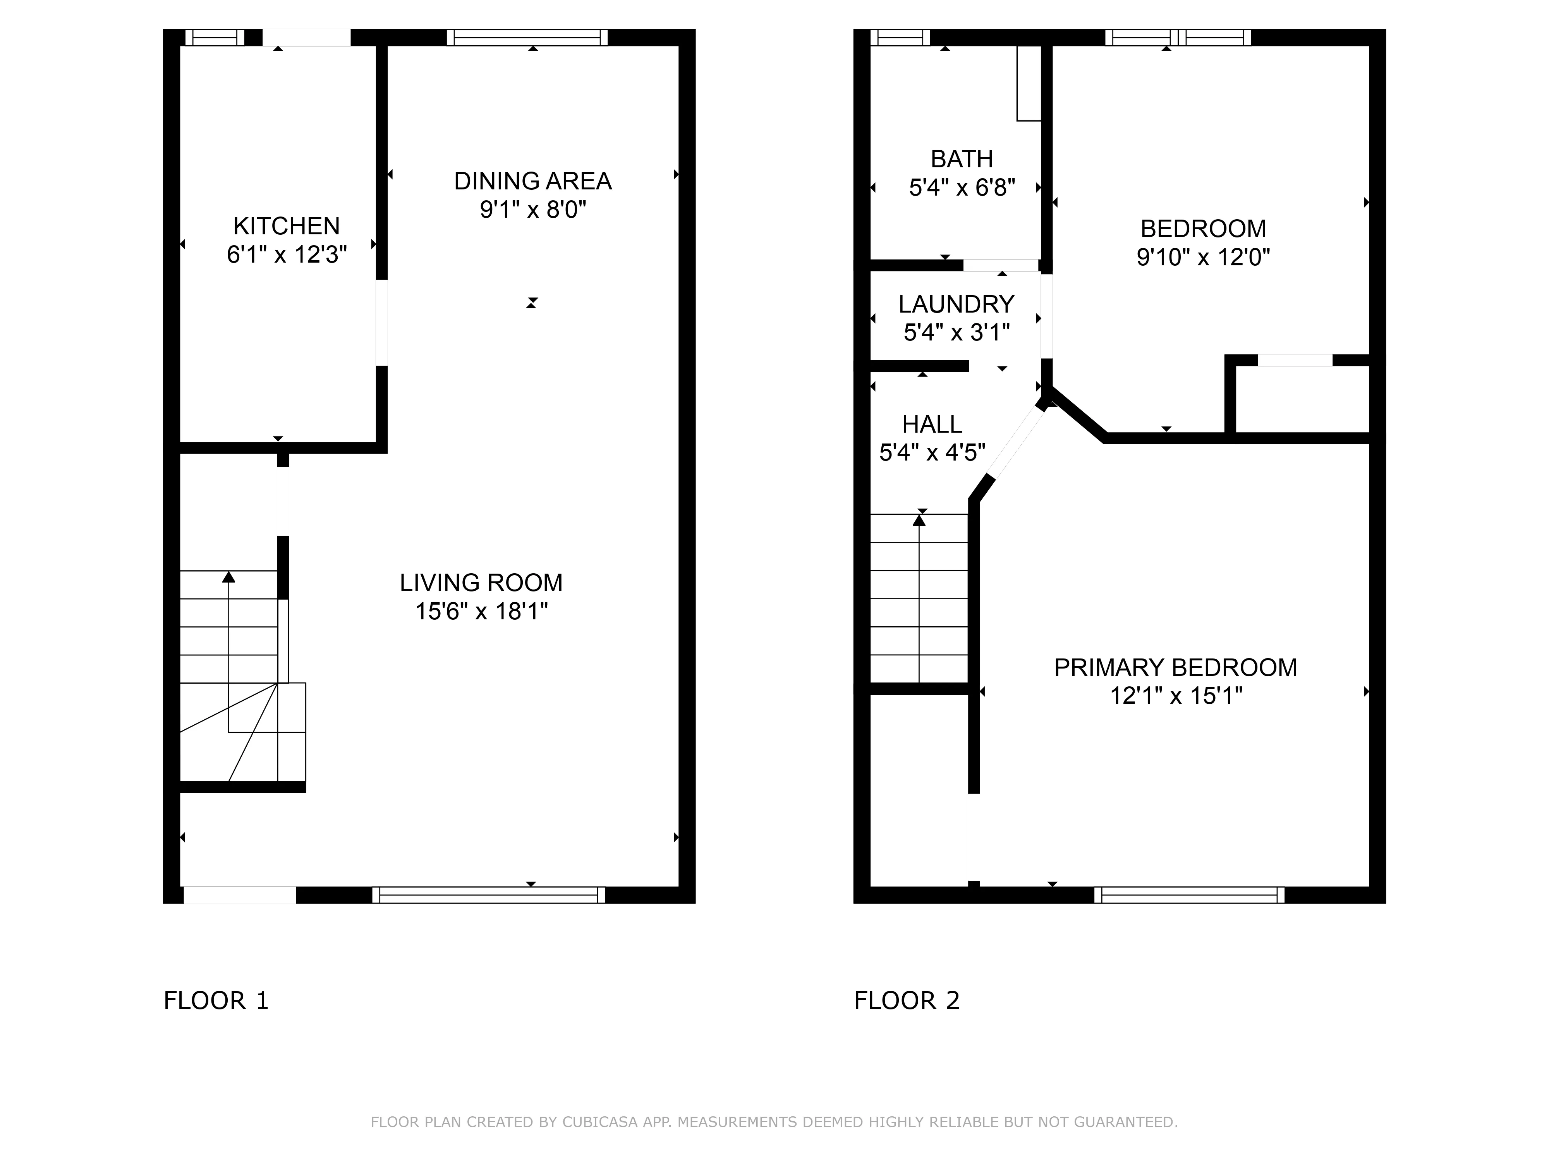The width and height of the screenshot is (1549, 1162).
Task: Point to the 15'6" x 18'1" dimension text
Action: click(481, 612)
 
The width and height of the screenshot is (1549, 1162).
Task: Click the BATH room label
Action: click(962, 159)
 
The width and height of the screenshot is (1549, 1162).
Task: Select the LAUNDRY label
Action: click(956, 304)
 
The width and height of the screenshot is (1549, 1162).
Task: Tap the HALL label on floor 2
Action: click(932, 424)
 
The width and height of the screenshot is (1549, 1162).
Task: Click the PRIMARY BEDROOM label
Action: click(1175, 667)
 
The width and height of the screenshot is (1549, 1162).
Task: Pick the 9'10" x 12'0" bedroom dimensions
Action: click(1202, 257)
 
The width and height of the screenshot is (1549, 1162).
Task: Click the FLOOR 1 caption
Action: click(216, 1000)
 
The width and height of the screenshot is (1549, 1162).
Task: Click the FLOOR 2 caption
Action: click(906, 1000)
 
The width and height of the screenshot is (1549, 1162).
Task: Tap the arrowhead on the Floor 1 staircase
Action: click(228, 577)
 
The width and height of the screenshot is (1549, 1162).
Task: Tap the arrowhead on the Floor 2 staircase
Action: click(919, 520)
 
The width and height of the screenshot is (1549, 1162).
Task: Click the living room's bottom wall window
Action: click(488, 894)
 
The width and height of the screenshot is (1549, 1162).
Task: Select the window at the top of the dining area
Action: click(527, 37)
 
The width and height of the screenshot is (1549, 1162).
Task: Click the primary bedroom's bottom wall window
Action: click(1188, 894)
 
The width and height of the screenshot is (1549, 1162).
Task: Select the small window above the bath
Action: click(900, 37)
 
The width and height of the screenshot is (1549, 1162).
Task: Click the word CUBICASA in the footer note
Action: click(599, 1122)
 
